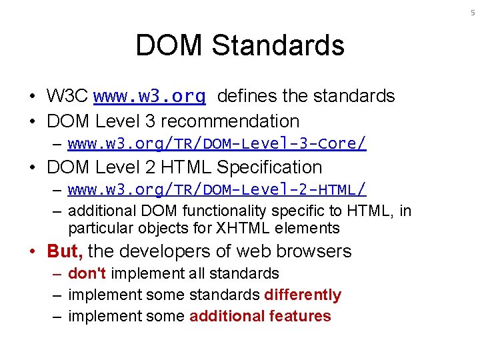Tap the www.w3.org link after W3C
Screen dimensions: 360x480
pos(149,97)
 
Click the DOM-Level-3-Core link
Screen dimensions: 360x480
pos(217,143)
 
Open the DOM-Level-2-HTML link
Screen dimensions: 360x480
pos(217,190)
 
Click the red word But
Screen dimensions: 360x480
pos(64,251)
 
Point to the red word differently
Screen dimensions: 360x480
pos(303,295)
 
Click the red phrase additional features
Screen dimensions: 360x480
pos(260,316)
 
